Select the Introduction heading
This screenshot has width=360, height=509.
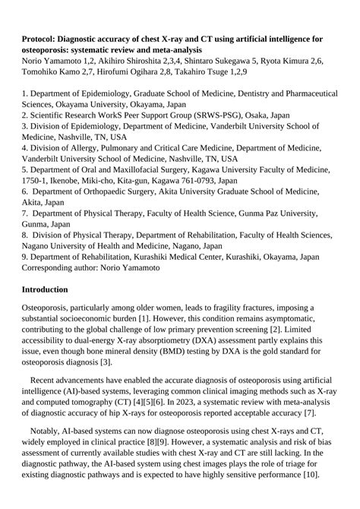[45, 289]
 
